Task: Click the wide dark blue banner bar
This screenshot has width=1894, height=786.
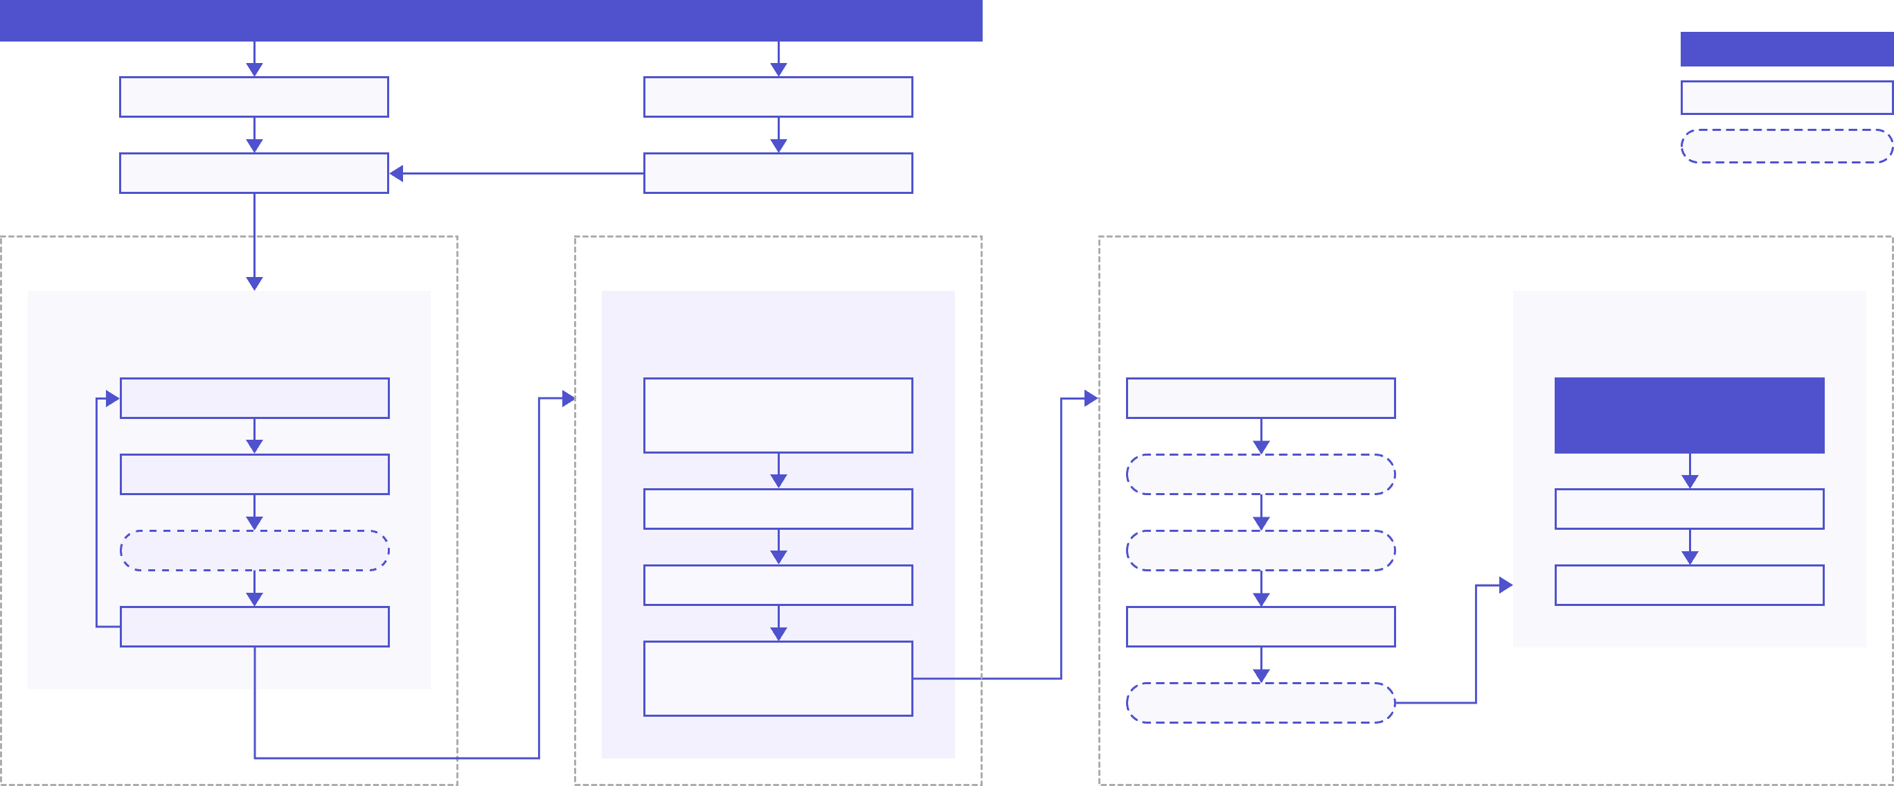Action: point(491,21)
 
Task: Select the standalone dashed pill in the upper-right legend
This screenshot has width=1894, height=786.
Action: point(1787,146)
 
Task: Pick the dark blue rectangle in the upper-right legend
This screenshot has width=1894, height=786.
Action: point(1787,49)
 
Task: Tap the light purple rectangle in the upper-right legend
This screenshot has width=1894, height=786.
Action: point(1787,98)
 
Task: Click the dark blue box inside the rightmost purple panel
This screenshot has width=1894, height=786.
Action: point(1690,416)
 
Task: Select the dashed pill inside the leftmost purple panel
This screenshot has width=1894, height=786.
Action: point(254,551)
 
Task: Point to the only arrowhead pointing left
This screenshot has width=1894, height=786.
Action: point(397,174)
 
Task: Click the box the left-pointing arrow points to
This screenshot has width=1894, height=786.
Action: point(254,174)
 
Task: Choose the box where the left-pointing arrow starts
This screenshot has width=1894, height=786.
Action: point(778,174)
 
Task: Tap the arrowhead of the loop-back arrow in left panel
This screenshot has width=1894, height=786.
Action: point(112,398)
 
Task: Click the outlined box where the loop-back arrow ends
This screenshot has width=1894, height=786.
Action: point(254,398)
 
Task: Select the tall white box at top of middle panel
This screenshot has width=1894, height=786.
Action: point(778,416)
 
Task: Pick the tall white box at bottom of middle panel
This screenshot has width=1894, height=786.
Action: point(778,679)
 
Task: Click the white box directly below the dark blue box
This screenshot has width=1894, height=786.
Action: point(1690,509)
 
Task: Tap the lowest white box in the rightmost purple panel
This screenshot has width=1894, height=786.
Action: point(1690,585)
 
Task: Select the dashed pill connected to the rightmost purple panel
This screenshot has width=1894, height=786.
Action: point(1261,703)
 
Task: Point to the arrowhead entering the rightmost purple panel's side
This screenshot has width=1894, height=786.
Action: point(1505,585)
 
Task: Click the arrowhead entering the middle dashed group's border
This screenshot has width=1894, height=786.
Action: point(568,398)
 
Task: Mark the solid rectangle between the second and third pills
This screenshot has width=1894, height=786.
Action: point(1261,627)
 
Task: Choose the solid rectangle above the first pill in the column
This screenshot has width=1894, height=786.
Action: point(1261,398)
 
